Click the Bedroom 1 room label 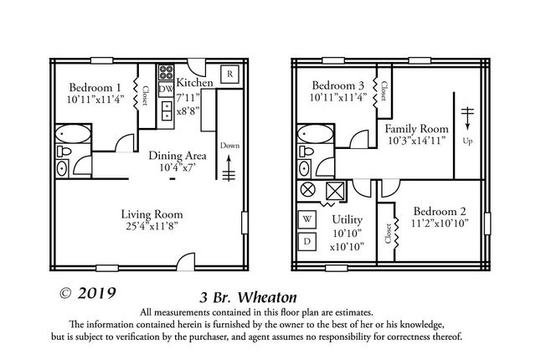click(95, 88)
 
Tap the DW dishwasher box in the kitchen click(166, 90)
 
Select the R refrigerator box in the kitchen click(229, 75)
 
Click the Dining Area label click(177, 156)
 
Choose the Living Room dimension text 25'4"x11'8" click(151, 225)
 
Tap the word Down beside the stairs click(229, 145)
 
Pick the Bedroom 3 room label click(338, 86)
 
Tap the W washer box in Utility click(307, 220)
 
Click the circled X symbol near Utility click(307, 190)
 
